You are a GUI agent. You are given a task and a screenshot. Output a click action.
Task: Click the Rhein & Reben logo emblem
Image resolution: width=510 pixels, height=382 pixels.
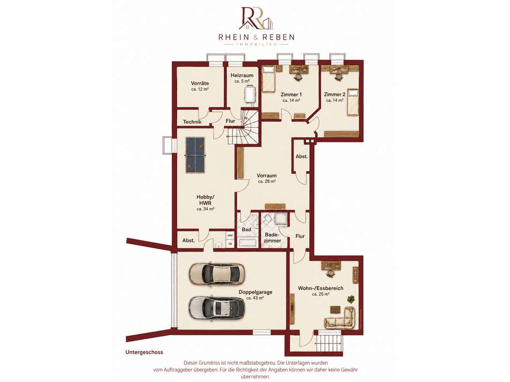(256, 18)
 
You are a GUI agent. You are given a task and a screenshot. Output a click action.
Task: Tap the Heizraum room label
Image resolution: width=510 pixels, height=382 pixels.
(242, 76)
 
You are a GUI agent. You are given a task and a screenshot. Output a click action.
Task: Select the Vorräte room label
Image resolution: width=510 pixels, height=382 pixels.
(200, 83)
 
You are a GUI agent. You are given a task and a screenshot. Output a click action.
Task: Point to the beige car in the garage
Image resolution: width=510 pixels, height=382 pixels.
(217, 274)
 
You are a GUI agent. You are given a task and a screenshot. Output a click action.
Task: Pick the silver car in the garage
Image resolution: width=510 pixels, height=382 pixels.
(217, 307)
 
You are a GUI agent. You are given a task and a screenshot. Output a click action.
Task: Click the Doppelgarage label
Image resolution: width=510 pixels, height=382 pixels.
(256, 292)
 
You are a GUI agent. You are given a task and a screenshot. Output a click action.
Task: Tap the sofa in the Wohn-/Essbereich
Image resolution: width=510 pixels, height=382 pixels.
(340, 318)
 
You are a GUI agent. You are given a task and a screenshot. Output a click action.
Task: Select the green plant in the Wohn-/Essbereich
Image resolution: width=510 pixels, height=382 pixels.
(351, 298)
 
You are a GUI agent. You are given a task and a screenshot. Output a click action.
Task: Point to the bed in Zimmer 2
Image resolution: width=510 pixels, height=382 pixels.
(352, 102)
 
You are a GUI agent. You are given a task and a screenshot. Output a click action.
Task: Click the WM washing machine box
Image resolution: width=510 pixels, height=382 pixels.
(230, 235)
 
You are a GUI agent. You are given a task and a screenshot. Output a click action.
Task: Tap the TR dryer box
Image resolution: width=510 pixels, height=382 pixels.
(230, 244)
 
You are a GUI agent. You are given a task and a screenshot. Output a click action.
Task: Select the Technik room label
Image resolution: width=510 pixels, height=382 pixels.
(192, 122)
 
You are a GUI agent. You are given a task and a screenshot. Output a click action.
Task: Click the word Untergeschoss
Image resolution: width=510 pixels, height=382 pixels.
(144, 352)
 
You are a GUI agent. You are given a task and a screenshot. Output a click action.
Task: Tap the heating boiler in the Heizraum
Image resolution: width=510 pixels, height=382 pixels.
(251, 94)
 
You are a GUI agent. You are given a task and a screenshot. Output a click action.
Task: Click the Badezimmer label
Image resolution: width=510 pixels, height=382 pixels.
(273, 238)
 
